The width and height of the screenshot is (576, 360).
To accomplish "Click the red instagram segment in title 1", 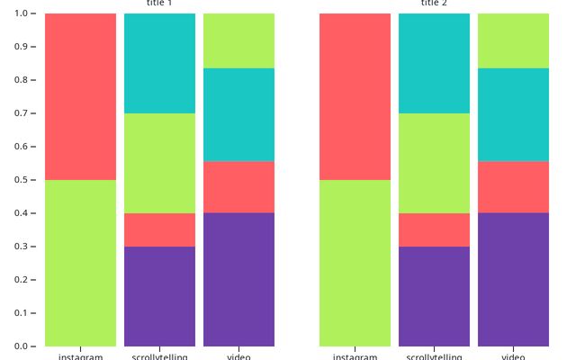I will (x=80, y=96).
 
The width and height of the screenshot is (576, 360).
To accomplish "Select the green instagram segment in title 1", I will (x=80, y=263).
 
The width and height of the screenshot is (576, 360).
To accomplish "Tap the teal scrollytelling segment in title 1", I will (x=159, y=63).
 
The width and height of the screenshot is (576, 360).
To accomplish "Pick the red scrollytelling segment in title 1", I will (x=159, y=229).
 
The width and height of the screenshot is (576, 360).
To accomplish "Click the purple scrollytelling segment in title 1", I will (x=159, y=296).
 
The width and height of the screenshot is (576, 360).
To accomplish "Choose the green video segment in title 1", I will (x=238, y=40).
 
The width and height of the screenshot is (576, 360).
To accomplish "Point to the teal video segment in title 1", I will (x=238, y=114).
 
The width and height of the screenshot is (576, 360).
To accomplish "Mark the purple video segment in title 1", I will (x=238, y=279).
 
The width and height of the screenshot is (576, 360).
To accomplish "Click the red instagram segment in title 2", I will (x=355, y=96).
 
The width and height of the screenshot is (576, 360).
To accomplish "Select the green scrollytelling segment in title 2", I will (x=434, y=163).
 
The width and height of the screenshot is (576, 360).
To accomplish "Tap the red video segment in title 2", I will (x=513, y=186).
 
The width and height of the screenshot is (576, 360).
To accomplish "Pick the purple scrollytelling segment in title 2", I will (x=434, y=296).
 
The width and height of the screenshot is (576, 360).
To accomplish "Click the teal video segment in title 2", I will (x=513, y=114).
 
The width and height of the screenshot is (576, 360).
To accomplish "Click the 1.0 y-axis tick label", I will (x=20, y=13).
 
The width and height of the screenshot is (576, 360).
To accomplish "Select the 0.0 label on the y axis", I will (x=20, y=346).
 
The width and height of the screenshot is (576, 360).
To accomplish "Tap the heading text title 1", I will (x=159, y=4).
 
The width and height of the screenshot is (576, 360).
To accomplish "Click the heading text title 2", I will (x=434, y=4).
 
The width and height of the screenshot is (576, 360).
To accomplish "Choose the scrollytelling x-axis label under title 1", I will (x=159, y=356).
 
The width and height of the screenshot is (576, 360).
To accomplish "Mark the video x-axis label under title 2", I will (x=513, y=356).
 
